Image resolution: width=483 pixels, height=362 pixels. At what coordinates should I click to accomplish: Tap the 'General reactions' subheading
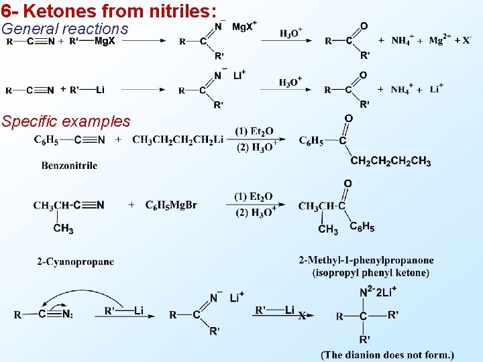[x=64, y=29]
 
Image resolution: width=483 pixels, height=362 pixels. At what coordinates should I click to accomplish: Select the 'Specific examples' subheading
[x=66, y=121]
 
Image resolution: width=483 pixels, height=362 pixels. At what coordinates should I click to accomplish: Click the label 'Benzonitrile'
[x=69, y=165]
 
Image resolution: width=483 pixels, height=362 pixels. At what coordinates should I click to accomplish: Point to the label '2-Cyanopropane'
[x=75, y=261]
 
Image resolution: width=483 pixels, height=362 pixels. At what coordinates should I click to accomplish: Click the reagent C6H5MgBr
[x=171, y=205]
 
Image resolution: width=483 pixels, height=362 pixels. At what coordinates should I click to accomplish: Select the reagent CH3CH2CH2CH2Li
[x=178, y=139]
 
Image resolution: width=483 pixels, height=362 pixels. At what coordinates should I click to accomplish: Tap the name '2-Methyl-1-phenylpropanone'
[x=366, y=260]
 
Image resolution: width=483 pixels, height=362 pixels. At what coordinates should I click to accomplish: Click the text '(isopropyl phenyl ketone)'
[x=370, y=272]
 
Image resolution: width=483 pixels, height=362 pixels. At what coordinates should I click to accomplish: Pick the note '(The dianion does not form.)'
[x=387, y=355]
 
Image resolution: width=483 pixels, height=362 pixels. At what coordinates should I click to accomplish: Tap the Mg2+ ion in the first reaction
[x=440, y=40]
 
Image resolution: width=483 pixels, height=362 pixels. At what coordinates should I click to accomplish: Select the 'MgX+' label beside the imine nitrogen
[x=244, y=26]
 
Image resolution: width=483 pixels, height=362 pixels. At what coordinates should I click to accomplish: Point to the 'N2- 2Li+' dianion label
[x=377, y=292]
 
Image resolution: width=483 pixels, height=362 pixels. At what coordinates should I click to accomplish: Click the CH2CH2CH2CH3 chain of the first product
[x=390, y=162]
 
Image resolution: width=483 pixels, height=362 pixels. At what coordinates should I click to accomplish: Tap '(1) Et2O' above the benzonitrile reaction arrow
[x=254, y=131]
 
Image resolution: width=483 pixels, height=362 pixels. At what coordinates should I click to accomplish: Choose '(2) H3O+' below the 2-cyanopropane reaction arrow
[x=255, y=213]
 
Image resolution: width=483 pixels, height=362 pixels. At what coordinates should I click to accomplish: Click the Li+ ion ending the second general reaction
[x=436, y=89]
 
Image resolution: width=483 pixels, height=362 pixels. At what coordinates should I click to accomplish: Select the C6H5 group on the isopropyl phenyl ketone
[x=362, y=227]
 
